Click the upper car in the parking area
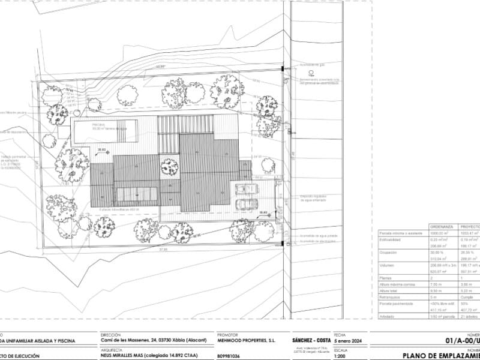tap(247, 189)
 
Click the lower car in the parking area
tap(245, 204)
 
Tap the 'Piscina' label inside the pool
tap(82, 125)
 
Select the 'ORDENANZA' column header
tap(441, 227)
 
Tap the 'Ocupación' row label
tap(389, 253)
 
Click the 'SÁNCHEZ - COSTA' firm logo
tap(311, 340)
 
